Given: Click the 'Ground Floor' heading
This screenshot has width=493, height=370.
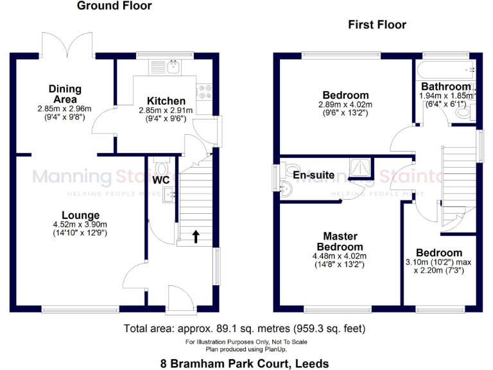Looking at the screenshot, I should point(114,6).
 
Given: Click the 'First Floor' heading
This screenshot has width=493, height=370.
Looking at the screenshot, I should point(377,25).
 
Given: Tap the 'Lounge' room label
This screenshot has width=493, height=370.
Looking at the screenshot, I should point(80,215).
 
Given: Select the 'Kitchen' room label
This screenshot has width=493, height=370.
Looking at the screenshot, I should point(166,101).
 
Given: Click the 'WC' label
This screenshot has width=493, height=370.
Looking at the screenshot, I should point(161,181).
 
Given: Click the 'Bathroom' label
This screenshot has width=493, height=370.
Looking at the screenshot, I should point(445,87).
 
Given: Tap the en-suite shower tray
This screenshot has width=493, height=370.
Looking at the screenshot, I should point(361,168).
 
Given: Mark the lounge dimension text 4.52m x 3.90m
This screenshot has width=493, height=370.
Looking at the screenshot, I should point(80,225).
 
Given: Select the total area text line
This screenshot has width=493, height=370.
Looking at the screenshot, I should point(245,329).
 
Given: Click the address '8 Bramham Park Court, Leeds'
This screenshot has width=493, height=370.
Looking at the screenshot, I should point(245,363).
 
